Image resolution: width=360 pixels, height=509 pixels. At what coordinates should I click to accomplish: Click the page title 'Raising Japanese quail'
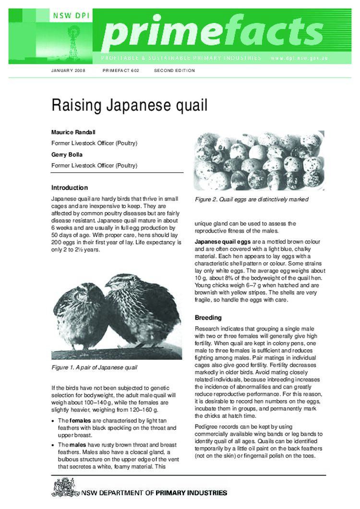click(x=129, y=106)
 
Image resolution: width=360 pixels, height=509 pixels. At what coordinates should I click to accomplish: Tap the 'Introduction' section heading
click(x=70, y=188)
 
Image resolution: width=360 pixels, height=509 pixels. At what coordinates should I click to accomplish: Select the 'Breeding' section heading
click(x=208, y=318)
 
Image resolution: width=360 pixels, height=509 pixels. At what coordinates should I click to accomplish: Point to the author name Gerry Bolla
click(x=68, y=154)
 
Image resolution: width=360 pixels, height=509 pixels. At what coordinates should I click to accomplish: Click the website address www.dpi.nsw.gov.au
click(x=299, y=58)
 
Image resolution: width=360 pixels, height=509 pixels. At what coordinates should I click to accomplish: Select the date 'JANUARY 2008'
click(x=68, y=71)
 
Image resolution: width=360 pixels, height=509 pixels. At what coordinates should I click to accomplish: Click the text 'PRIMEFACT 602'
click(x=121, y=71)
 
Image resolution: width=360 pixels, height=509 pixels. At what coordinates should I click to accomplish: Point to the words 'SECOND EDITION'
click(x=174, y=71)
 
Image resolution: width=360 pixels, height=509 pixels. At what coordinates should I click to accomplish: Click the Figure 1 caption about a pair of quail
click(x=94, y=367)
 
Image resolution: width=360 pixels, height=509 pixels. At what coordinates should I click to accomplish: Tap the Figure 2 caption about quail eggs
click(x=251, y=199)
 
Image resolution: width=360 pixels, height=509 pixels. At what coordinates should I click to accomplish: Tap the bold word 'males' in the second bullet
click(x=76, y=445)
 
